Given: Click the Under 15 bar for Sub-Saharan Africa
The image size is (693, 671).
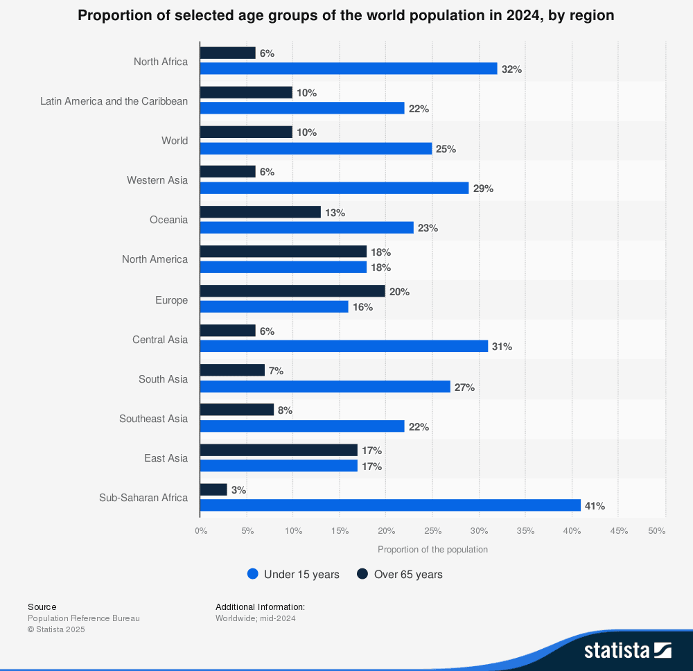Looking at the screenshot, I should pos(390,505).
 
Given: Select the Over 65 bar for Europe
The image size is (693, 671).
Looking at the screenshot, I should pos(292,291).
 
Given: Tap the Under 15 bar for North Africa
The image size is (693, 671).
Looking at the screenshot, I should pos(349,69).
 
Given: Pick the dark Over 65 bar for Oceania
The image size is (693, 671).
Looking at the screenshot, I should pos(260,212).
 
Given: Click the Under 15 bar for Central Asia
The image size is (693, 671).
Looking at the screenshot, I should pos(344,346).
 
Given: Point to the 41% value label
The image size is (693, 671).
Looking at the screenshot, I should pos(595,506).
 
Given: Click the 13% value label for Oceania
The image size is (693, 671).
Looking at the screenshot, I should pos(335,213).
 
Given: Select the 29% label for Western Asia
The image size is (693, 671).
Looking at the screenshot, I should pos(483,189).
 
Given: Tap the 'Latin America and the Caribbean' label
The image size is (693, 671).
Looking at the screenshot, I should pos(114,101).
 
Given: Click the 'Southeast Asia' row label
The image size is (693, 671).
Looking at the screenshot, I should pos(153,419).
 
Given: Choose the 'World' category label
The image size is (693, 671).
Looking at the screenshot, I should pos(175,141).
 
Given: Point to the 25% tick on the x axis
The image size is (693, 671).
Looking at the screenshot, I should pos(432,531).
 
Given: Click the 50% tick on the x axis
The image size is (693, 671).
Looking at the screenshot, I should pos(657,531).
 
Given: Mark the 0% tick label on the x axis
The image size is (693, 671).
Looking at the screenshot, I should pos(200,531).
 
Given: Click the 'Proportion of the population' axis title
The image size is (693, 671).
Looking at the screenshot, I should pos(432,549).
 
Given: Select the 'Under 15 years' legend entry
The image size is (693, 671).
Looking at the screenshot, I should pos(293,574).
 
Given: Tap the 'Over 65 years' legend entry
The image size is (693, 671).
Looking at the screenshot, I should pos(400,574).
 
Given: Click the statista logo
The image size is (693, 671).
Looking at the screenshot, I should pos(627,650).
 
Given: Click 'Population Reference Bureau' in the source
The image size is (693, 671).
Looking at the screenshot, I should pos(84,618).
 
